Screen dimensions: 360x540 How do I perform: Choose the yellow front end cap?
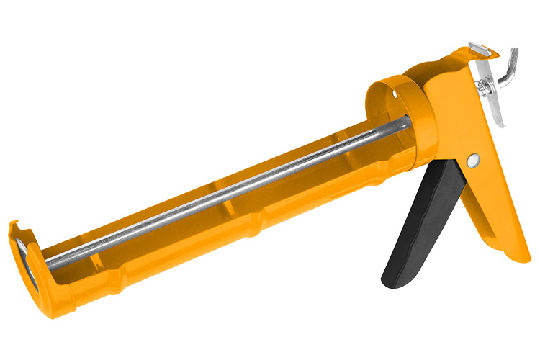coord(40,263)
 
